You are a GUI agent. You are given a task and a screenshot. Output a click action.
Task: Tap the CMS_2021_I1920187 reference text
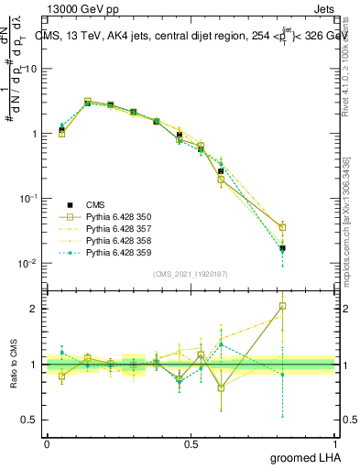pyautogui.click(x=191, y=273)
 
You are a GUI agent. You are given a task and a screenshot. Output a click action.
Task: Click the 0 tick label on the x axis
pyautogui.click(x=47, y=443)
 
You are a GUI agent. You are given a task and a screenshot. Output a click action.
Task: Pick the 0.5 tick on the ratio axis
pyautogui.click(x=32, y=420)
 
